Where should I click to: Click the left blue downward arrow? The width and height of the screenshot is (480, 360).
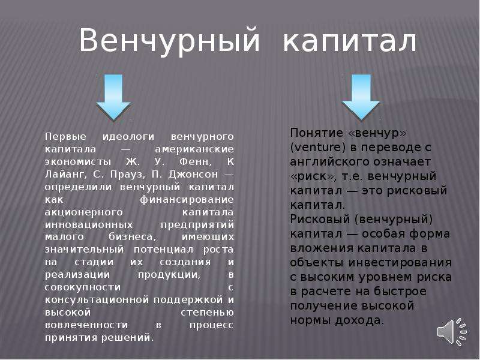point(113,97)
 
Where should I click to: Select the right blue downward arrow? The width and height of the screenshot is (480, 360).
point(361,97)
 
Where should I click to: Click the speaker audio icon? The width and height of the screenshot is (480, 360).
point(452,332)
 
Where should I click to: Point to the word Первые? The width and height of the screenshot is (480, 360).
point(66,137)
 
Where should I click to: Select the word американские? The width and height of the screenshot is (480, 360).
point(194,149)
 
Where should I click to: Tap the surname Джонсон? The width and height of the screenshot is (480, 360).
point(193,175)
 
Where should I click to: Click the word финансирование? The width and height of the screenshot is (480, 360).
point(187,200)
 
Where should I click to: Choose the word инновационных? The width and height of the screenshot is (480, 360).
point(89,224)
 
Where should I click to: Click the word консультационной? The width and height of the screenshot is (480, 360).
point(97,299)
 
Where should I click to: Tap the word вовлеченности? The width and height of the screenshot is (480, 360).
point(86,325)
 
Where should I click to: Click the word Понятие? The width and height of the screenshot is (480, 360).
point(317,133)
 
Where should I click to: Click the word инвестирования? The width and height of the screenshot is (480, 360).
point(400,263)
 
